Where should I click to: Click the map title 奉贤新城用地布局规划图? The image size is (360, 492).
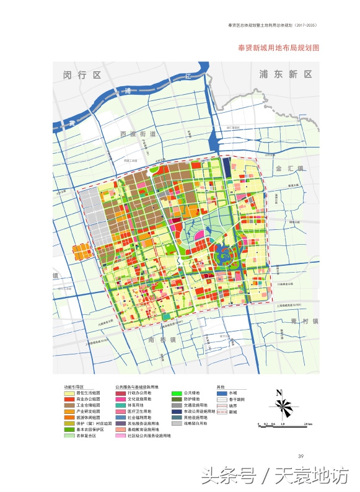click(278, 48)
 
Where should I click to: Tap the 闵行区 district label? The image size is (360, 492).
click(81, 75)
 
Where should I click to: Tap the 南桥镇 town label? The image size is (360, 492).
click(162, 340)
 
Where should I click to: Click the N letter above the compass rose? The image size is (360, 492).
click(279, 392)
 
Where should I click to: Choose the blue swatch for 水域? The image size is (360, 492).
click(221, 393)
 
